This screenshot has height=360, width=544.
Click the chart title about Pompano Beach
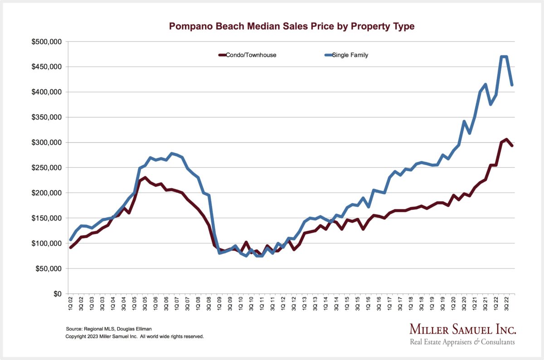tap(291, 26)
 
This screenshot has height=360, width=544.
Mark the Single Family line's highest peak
tap(504, 57)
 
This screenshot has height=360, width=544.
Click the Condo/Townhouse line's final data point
tap(512, 146)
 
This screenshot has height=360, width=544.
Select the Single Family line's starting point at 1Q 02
tap(71, 240)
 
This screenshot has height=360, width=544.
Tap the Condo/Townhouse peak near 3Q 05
tap(145, 177)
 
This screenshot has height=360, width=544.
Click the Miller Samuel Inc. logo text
tap(462, 329)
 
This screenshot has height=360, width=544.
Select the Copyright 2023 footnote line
tap(135, 337)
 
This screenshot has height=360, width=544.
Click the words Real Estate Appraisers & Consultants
tap(462, 342)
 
